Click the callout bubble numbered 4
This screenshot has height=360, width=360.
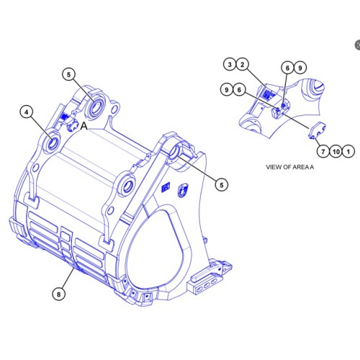coord(27,112)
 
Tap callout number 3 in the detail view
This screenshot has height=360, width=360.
coord(230,66)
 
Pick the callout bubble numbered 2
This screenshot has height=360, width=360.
coord(243,66)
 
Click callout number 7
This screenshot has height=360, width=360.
coord(322,152)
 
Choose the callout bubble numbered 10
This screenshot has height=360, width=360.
coord(335,152)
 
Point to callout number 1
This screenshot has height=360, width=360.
coord(348,152)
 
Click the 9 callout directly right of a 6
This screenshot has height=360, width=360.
coord(300,68)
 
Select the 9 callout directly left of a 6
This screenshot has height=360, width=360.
coord(226,90)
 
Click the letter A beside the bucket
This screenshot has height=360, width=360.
coord(84,125)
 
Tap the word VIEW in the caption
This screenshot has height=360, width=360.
coord(275,166)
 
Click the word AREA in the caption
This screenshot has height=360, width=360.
coord(303,166)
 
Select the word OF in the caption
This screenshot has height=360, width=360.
coord(289,166)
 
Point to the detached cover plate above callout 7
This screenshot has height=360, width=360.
coord(318,132)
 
